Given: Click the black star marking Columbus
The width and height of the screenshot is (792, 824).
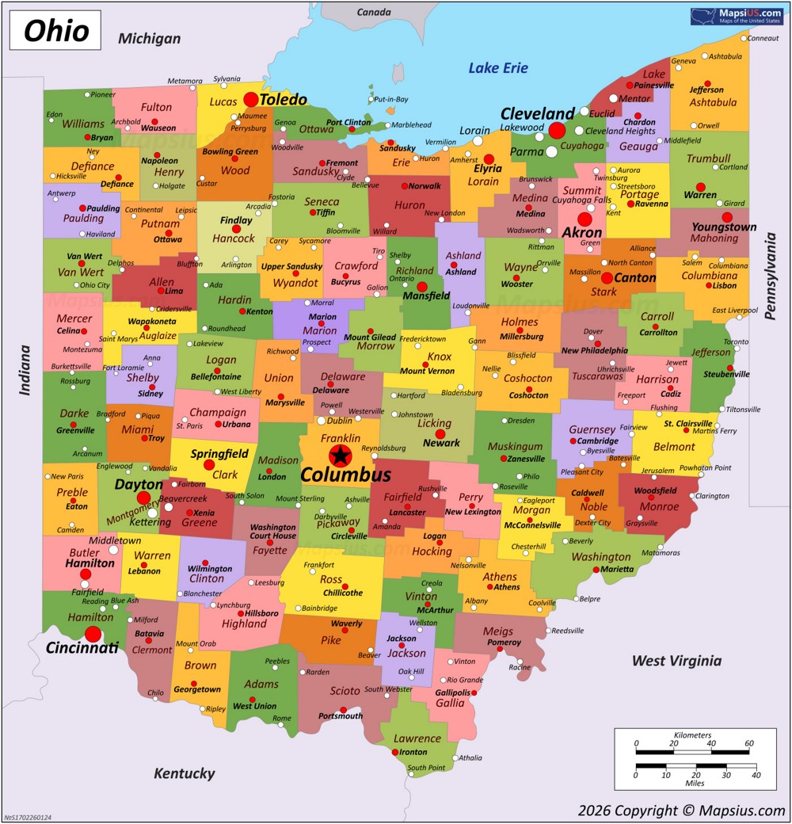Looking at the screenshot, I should click(x=341, y=455).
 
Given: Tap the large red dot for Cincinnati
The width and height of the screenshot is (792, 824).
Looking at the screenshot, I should click(x=93, y=634).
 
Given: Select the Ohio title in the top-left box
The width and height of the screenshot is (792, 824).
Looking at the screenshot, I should click(x=55, y=31).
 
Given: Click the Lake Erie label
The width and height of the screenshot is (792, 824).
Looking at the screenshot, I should click(x=497, y=68).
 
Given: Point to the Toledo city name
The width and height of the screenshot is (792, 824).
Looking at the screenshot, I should click(x=284, y=100).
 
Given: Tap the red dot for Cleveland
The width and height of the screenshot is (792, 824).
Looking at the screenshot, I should click(x=557, y=130).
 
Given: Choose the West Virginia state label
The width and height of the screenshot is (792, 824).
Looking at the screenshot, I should click(x=676, y=661).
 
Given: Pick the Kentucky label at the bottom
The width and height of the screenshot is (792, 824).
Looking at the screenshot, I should click(x=184, y=773).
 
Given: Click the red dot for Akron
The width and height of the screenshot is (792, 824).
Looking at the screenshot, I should click(x=584, y=219).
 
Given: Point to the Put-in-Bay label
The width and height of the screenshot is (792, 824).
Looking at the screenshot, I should click(x=390, y=99).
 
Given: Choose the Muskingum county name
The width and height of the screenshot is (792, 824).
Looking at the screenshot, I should click(x=516, y=446).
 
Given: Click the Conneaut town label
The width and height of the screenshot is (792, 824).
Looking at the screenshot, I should click(x=763, y=38).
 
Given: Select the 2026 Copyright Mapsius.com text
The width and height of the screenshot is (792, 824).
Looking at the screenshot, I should click(x=681, y=810).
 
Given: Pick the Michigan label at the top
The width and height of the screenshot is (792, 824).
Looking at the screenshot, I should click(x=149, y=38).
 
